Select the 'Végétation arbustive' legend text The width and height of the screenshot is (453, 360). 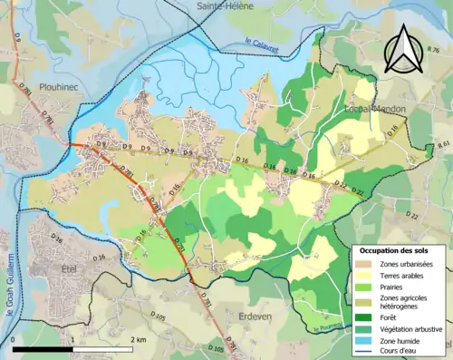412,328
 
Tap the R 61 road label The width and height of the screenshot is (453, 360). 443,145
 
